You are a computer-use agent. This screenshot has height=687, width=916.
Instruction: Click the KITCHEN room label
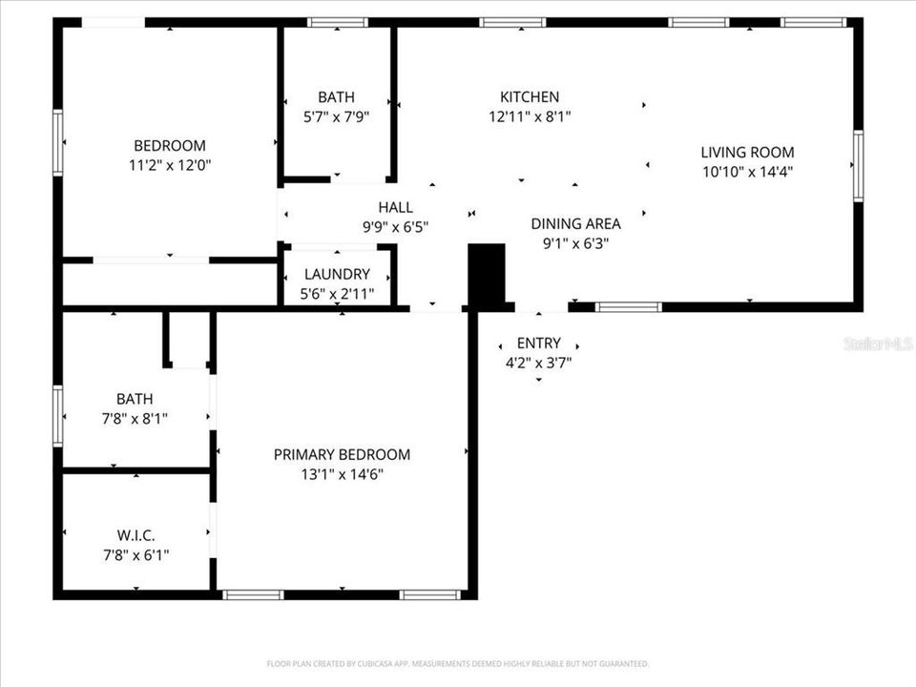[530, 96]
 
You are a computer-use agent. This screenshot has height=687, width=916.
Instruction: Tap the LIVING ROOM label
[747, 152]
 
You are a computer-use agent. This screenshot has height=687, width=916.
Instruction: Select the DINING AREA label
[575, 223]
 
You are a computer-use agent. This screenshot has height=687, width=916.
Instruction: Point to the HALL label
[395, 207]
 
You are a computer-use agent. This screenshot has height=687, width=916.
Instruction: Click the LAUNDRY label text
[337, 274]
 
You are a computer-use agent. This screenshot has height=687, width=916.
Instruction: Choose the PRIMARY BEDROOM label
[342, 454]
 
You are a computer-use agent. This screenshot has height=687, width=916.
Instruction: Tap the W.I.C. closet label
[135, 536]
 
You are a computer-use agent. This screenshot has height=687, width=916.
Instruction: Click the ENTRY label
[538, 343]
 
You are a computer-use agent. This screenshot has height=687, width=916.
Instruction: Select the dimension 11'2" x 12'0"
[170, 164]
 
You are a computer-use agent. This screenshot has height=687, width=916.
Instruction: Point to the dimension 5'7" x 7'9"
[336, 115]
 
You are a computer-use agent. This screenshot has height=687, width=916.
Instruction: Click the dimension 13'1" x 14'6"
[342, 473]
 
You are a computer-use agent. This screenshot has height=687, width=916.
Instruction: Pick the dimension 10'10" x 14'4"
[747, 172]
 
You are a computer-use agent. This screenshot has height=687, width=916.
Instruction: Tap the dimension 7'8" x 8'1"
[135, 417]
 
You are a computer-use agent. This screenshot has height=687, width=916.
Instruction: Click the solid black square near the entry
[487, 276]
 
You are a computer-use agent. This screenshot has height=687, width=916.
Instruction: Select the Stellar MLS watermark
[878, 343]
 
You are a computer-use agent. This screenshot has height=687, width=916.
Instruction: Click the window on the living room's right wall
[858, 166]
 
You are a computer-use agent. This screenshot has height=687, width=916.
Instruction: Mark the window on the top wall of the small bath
[337, 22]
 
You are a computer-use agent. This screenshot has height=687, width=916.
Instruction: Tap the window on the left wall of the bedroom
[58, 143]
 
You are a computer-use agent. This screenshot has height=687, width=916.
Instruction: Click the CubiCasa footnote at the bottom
[458, 663]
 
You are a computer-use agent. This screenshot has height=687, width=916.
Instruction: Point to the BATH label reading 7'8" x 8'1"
[135, 399]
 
